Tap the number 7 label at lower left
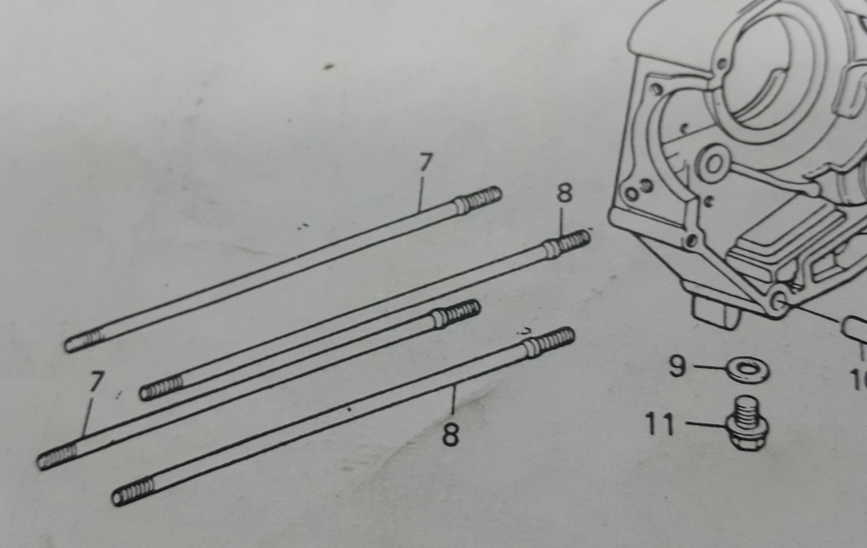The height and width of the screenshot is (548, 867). click(x=96, y=382)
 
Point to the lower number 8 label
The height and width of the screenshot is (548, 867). click(x=451, y=435)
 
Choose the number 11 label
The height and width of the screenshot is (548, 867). click(x=660, y=425)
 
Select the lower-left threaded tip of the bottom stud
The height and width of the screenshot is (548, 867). click(x=133, y=492)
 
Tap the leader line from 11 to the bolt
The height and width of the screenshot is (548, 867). click(x=706, y=425)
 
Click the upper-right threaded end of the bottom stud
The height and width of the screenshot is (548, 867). click(x=552, y=341)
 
